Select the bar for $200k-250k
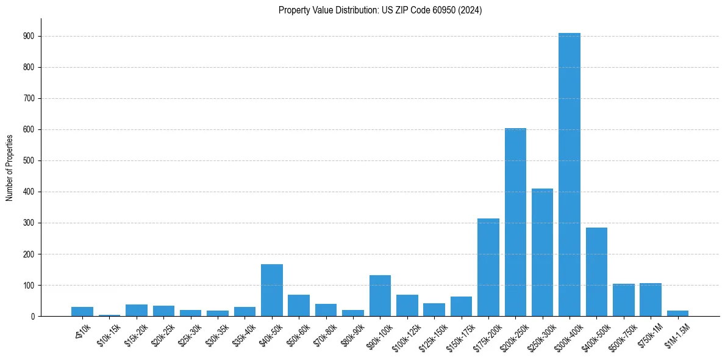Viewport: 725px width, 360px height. tap(515, 222)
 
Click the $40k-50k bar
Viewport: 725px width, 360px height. tap(271, 290)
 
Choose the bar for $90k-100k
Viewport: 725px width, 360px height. tap(380, 295)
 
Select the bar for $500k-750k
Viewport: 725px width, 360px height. tap(623, 300)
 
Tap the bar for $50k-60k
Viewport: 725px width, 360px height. tap(299, 305)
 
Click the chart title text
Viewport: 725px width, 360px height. tap(380, 10)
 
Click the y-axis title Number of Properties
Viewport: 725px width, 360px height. tap(10, 168)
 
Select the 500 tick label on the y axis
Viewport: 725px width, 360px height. tap(30, 160)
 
